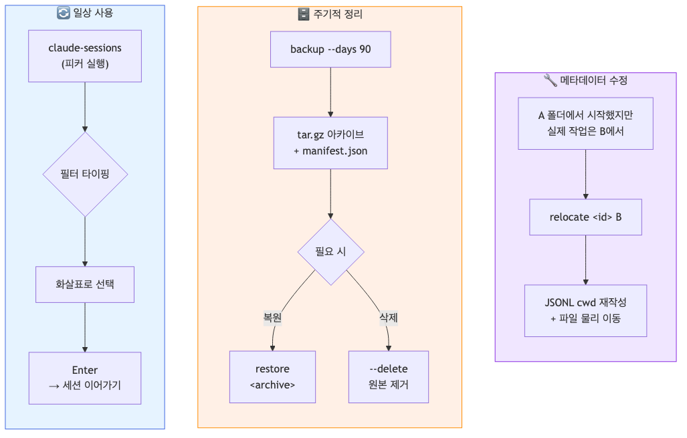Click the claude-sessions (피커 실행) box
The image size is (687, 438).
coord(85,56)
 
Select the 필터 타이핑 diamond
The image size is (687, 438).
coord(85,174)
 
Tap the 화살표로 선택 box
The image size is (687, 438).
coord(85,284)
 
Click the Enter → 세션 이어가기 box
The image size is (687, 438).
coord(85,378)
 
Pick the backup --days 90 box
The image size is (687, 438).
coord(330,49)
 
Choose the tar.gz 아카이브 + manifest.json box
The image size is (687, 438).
coord(330,142)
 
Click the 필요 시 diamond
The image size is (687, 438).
coord(330,252)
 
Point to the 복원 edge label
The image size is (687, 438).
coord(272,318)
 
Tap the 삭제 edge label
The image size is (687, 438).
coord(389,318)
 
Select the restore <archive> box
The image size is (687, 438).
coord(272,377)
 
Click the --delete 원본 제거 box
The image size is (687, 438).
coord(389,377)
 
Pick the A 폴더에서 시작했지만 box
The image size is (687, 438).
coord(585,124)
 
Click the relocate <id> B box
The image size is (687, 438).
coord(585,217)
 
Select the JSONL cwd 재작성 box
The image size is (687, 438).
coord(585,310)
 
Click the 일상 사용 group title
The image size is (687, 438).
coord(92,13)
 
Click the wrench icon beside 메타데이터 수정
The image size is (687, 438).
coord(550,80)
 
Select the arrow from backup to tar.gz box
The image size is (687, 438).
coord(330,92)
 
